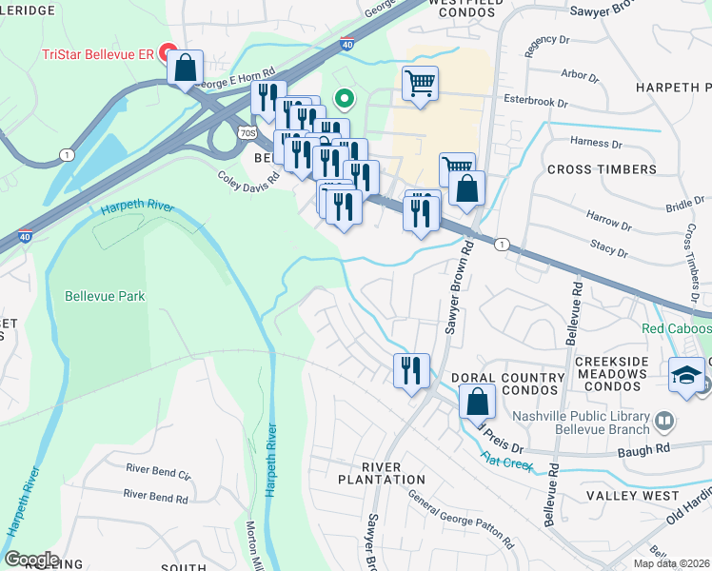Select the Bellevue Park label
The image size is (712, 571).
(x=105, y=296)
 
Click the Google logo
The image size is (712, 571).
(x=31, y=560)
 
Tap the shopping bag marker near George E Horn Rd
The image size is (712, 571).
(x=185, y=69)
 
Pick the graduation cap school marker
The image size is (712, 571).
(x=686, y=375)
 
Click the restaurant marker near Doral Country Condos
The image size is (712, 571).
(x=411, y=371)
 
